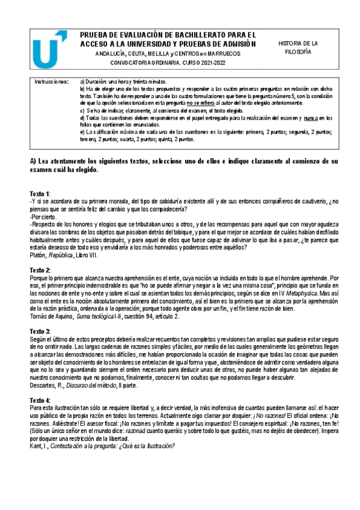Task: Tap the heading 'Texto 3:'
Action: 40,331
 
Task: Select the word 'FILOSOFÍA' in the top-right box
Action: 297,53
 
